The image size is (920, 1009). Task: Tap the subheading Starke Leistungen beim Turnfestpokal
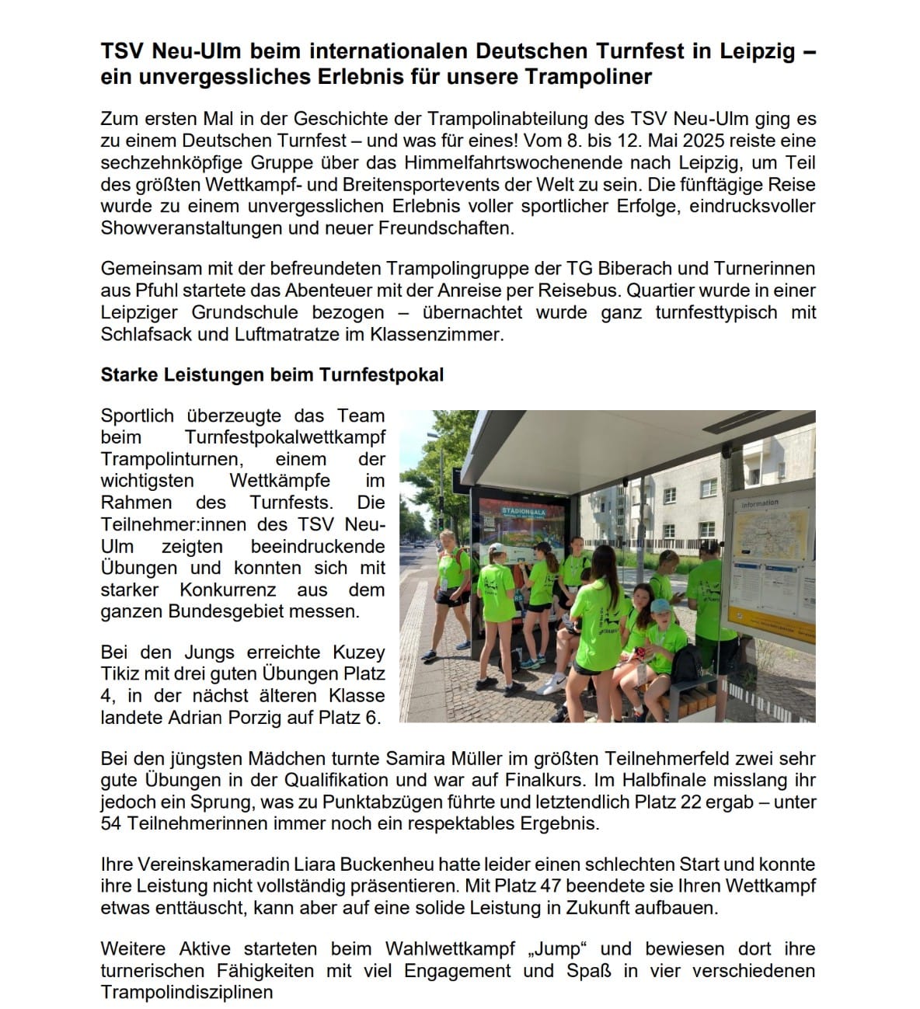coord(272,374)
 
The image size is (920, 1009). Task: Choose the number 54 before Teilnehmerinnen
coord(112,823)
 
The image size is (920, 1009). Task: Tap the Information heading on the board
coord(759,503)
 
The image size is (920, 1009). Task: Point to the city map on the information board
coord(763,537)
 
